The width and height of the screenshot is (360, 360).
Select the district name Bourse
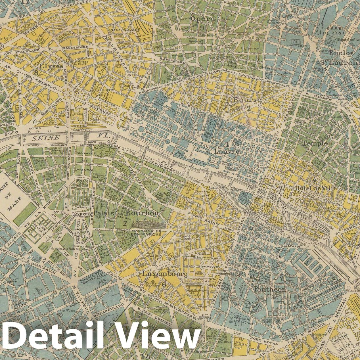(x=247, y=100)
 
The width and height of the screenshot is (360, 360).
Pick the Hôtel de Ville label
(x=316, y=188)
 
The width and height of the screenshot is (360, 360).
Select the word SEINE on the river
(x=45, y=137)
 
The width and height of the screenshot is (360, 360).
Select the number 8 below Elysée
(x=36, y=72)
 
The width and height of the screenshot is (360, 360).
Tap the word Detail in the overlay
(x=54, y=339)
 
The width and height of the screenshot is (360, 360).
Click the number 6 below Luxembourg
(x=164, y=284)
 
